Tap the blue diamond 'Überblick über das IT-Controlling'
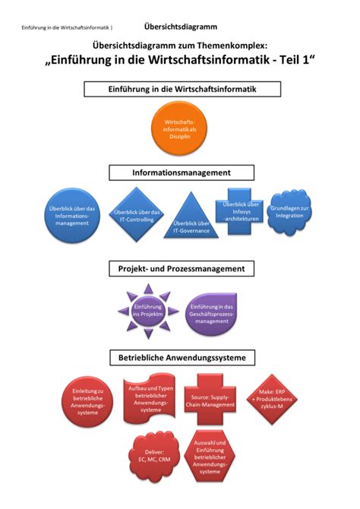pyautogui.click(x=135, y=216)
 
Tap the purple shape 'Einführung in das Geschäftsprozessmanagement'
pyautogui.click(x=211, y=313)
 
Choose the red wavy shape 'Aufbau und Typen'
pyautogui.click(x=151, y=398)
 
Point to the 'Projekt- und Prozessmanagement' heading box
pyautogui.click(x=180, y=269)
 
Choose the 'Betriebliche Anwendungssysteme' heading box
pyautogui.click(x=180, y=356)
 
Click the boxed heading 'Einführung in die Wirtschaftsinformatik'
pyautogui.click(x=180, y=89)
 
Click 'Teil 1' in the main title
pyautogui.click(x=292, y=62)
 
